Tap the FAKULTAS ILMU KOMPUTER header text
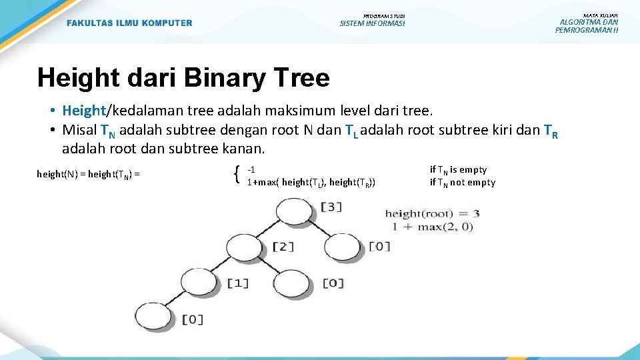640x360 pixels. (129, 23)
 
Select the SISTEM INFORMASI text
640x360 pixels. (372, 24)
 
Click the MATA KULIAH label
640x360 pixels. (600, 15)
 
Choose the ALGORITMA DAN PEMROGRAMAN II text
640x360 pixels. (587, 26)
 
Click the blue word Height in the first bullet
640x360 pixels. (84, 110)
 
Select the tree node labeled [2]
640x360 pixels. (245, 248)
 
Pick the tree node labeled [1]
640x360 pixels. (199, 282)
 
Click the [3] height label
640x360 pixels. (331, 207)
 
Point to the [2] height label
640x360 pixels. (282, 247)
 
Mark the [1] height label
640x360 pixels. (237, 283)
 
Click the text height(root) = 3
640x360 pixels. (432, 214)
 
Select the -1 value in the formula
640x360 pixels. (251, 169)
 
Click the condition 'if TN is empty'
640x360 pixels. (458, 170)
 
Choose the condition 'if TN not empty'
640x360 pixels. (463, 183)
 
